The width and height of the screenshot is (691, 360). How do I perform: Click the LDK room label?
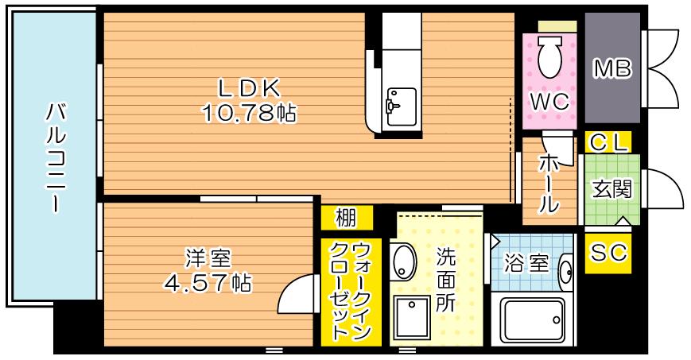(x=249, y=87)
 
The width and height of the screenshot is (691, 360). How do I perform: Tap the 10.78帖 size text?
(x=248, y=114)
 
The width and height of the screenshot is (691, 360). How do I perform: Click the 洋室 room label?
(x=208, y=257)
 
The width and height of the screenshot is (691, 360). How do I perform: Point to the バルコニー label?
(x=54, y=156)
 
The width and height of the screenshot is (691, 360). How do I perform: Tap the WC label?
(x=549, y=101)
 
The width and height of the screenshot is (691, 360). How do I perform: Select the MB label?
(x=612, y=70)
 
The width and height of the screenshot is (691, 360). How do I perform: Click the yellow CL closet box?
(x=608, y=142)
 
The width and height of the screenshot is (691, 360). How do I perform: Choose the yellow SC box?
(x=608, y=253)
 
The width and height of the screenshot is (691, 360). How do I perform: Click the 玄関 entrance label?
(x=611, y=190)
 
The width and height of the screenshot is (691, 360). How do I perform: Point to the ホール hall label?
(x=548, y=184)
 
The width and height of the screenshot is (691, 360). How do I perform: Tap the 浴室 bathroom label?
(x=527, y=262)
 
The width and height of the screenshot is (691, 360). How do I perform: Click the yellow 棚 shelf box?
(x=346, y=217)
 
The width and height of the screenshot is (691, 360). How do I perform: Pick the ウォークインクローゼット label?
(x=351, y=291)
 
